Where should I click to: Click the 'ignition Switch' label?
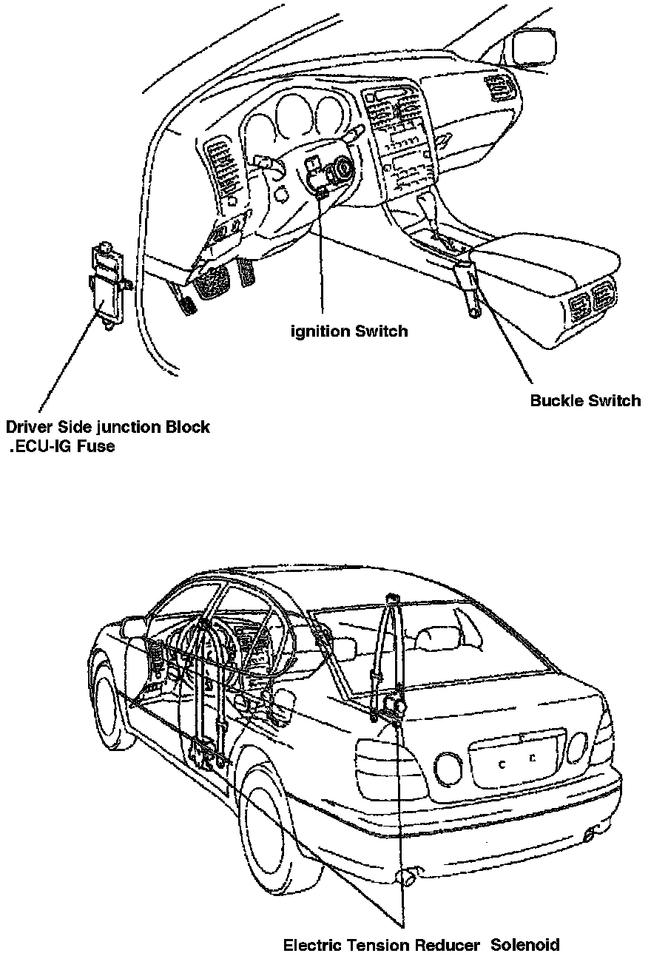tap(349, 331)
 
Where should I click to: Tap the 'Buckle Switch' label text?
tap(585, 400)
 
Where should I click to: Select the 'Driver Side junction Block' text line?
tap(107, 427)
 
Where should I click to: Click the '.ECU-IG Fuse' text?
tap(62, 446)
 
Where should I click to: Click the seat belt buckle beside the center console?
tap(468, 290)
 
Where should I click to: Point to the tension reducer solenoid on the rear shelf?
tap(394, 707)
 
